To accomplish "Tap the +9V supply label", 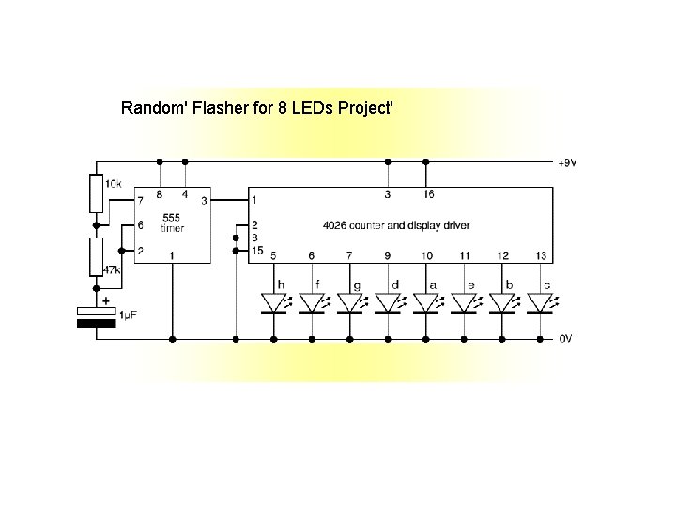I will click(567, 162).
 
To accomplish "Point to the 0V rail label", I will click(565, 338).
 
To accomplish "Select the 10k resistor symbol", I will click(96, 192).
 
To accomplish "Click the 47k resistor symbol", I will click(96, 257).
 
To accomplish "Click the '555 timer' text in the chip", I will click(173, 223).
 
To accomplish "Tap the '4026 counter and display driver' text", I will click(396, 226).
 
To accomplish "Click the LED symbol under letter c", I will click(540, 303).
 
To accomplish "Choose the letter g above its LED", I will click(356, 284).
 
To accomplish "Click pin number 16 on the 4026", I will click(428, 194).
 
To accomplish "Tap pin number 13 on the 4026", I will click(541, 255).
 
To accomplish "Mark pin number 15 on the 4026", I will click(255, 250).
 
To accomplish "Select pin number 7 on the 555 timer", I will click(140, 200).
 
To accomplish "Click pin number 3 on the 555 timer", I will click(203, 200).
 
